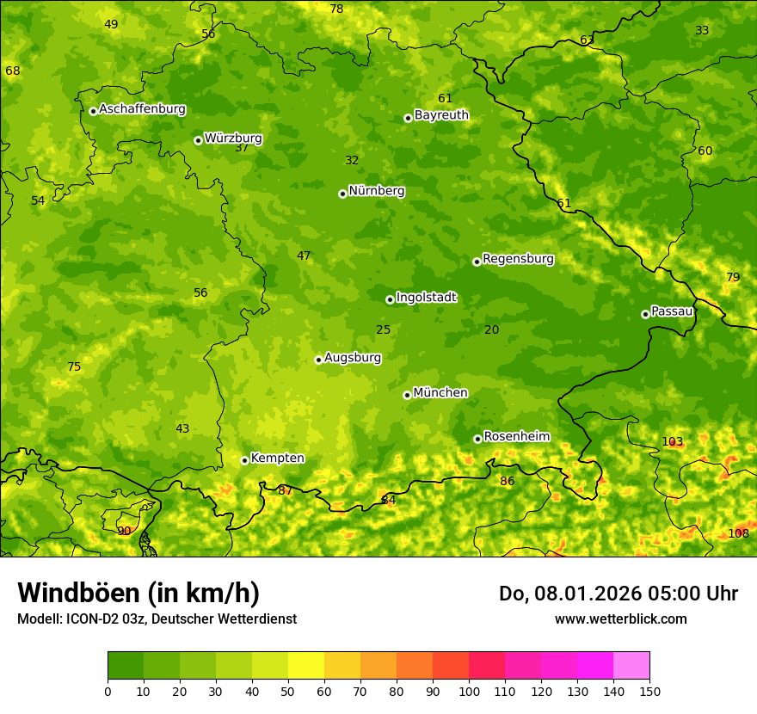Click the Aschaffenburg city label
142,109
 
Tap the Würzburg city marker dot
198,140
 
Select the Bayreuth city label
441,115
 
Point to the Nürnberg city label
376,191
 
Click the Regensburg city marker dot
477,262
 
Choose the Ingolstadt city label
426,298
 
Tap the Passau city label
672,311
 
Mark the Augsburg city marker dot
318,360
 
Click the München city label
440,393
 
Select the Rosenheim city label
516,437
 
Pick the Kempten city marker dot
244,460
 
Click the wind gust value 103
672,441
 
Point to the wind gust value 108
738,533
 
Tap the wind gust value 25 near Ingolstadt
383,329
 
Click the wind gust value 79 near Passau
732,277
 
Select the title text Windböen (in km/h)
138,593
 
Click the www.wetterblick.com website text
620,619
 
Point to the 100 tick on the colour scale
469,691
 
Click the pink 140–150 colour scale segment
631,665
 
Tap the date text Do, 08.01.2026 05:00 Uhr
618,594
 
